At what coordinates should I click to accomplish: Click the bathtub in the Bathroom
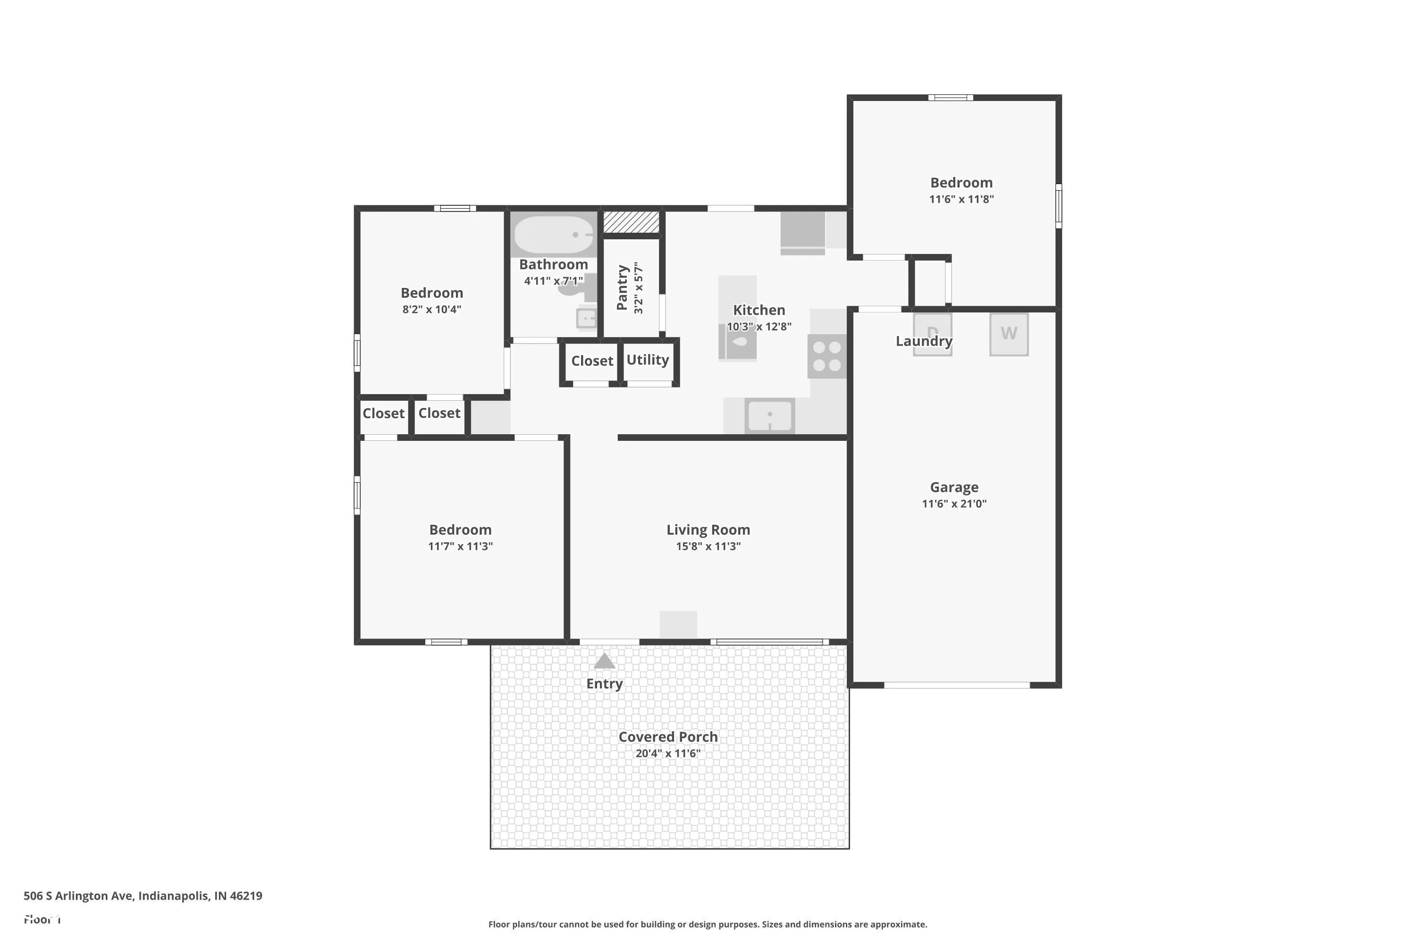tap(553, 235)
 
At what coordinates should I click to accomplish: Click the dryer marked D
tap(933, 334)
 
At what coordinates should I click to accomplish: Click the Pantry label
tap(623, 288)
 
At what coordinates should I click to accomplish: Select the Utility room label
tap(648, 360)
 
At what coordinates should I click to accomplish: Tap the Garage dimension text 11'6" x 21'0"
tap(954, 504)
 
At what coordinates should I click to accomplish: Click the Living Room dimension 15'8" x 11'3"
tap(708, 547)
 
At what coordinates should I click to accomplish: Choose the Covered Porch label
tap(668, 737)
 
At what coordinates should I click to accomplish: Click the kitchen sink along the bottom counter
tap(769, 415)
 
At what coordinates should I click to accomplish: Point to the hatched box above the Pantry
tap(631, 221)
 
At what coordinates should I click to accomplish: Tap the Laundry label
tap(924, 341)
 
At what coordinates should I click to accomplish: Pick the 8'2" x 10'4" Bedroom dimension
tap(432, 310)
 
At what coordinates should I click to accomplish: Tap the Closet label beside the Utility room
tap(592, 361)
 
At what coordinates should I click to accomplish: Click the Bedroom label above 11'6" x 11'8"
tap(961, 182)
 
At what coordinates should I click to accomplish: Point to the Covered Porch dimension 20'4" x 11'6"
tap(668, 754)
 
